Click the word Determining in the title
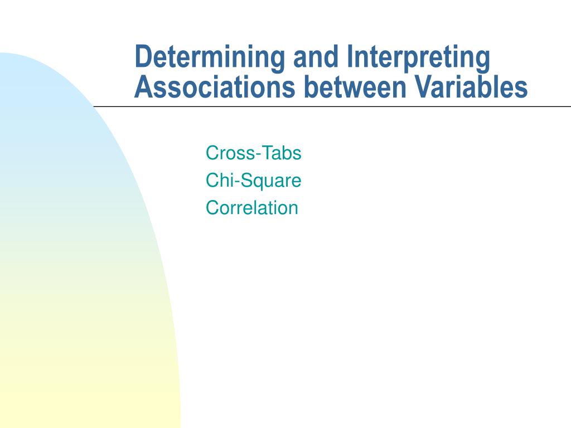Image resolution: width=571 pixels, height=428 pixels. point(210,57)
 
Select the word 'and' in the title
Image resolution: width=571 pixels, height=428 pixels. point(316,56)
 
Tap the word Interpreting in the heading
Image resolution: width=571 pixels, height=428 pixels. point(418,57)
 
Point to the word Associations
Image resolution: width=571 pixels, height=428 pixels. point(215,87)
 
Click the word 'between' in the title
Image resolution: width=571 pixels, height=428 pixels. point(355,87)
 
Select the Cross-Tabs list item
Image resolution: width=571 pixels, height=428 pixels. point(254,153)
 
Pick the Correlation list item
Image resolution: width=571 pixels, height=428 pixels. point(252,208)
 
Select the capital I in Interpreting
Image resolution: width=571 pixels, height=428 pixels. point(350,57)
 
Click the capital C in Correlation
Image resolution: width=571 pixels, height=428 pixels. point(212,208)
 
